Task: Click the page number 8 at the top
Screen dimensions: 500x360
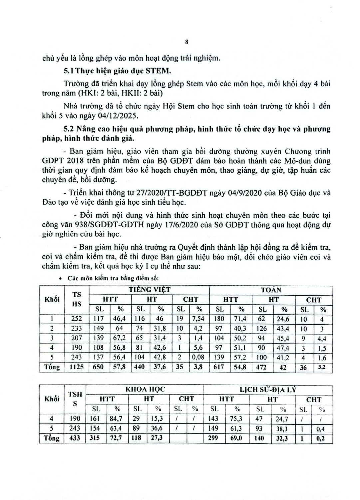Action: click(x=186, y=42)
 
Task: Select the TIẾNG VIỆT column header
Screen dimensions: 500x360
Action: click(x=150, y=290)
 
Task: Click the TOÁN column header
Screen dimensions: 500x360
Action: click(x=271, y=290)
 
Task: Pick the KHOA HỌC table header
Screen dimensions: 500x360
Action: click(x=145, y=389)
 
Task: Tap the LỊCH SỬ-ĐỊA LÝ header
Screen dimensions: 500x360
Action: click(x=268, y=389)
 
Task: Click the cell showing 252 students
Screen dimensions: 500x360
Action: click(x=76, y=319)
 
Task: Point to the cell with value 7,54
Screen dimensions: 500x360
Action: click(x=199, y=319)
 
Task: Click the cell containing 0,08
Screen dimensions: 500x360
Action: click(x=199, y=357)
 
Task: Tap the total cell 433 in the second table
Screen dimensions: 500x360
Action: click(x=75, y=438)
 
